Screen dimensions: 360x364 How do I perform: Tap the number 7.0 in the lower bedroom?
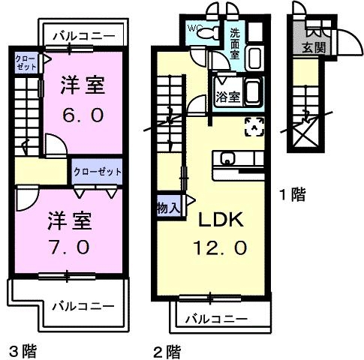71,245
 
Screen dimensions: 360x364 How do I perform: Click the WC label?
195,28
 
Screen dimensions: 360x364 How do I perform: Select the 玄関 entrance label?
314,49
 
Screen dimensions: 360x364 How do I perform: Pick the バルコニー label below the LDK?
215,319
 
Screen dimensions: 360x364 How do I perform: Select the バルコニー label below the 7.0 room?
83,306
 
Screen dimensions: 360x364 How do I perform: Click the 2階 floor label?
168,349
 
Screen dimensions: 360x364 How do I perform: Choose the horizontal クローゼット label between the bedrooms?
98,172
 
